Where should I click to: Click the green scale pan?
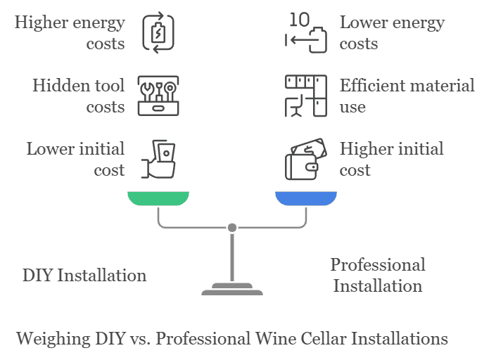158,198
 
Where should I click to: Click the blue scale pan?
306,198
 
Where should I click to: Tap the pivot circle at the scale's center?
232,227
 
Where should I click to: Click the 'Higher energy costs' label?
70,32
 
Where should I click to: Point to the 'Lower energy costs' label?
392,32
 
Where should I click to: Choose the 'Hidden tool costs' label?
78,96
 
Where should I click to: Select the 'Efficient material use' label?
407,96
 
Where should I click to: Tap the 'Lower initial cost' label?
75,159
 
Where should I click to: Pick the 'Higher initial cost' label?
391,159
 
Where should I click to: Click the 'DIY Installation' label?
84,275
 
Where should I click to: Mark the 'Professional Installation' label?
378,275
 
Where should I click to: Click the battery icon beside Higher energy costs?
158,33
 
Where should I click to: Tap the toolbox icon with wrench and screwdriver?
158,96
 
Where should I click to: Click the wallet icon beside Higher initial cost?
306,160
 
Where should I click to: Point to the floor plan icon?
306,96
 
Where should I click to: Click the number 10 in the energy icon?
299,19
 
